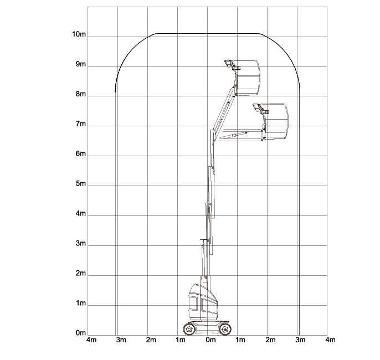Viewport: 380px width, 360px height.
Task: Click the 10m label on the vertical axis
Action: (79, 34)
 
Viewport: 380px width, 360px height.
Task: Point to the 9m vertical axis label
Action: (80, 64)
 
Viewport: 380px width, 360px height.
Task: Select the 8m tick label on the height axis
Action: (80, 94)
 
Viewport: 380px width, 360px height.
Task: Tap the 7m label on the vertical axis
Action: (80, 124)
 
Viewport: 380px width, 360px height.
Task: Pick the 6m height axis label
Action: (80, 154)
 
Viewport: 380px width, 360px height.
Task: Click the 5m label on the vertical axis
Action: (80, 184)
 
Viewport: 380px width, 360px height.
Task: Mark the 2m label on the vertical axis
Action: (80, 274)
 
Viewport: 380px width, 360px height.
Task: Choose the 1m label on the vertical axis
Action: (80, 304)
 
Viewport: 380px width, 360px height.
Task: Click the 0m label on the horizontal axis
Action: (210, 340)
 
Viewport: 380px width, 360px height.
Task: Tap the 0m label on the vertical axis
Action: (80, 333)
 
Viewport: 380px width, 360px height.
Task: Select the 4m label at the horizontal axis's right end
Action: (330, 340)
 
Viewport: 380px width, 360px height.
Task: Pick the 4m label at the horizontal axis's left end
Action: (91, 340)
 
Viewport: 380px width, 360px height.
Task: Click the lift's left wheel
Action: (189, 329)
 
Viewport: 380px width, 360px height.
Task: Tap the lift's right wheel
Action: (224, 329)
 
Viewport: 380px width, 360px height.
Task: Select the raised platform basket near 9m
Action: (248, 76)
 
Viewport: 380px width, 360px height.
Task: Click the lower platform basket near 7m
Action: (277, 121)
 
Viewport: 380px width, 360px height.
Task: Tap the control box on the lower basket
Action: (258, 108)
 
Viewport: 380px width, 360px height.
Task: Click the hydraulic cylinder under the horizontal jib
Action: (233, 134)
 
